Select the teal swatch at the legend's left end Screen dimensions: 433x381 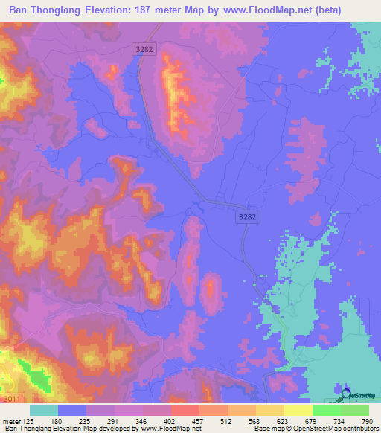[x=44, y=409]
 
